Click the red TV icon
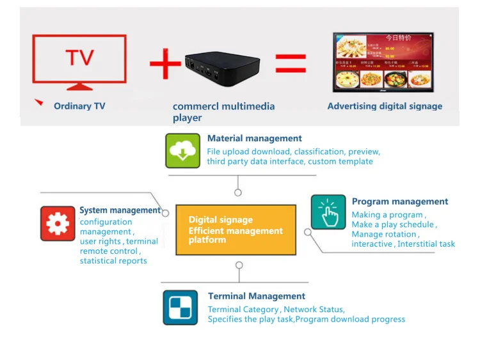pos(79,62)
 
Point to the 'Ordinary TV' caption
pos(79,106)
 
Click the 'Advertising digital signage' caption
pos(385,106)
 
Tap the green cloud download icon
pos(183,151)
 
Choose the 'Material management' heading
pos(254,138)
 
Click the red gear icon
pos(58,223)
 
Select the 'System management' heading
pos(120,210)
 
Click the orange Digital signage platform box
pos(236,230)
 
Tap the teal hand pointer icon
pos(328,212)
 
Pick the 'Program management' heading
pos(399,201)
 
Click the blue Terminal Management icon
pos(180,307)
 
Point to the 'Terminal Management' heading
pos(256,296)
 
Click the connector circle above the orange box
pos(238,192)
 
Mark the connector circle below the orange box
pos(239,265)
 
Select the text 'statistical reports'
pos(113,261)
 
